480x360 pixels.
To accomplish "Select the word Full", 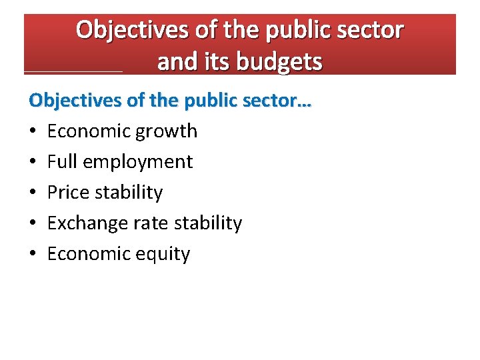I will pyautogui.click(x=61, y=161).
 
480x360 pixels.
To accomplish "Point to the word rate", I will pyautogui.click(x=150, y=223).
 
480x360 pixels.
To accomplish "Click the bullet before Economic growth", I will pyautogui.click(x=32, y=131).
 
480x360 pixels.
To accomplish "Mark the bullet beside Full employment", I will pyautogui.click(x=32, y=162).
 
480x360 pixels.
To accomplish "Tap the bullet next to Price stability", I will pyautogui.click(x=32, y=193).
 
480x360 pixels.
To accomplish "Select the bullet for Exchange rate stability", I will pyautogui.click(x=32, y=223).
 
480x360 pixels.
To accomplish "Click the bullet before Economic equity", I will pyautogui.click(x=32, y=254).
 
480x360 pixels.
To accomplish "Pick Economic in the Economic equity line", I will pyautogui.click(x=89, y=253).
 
